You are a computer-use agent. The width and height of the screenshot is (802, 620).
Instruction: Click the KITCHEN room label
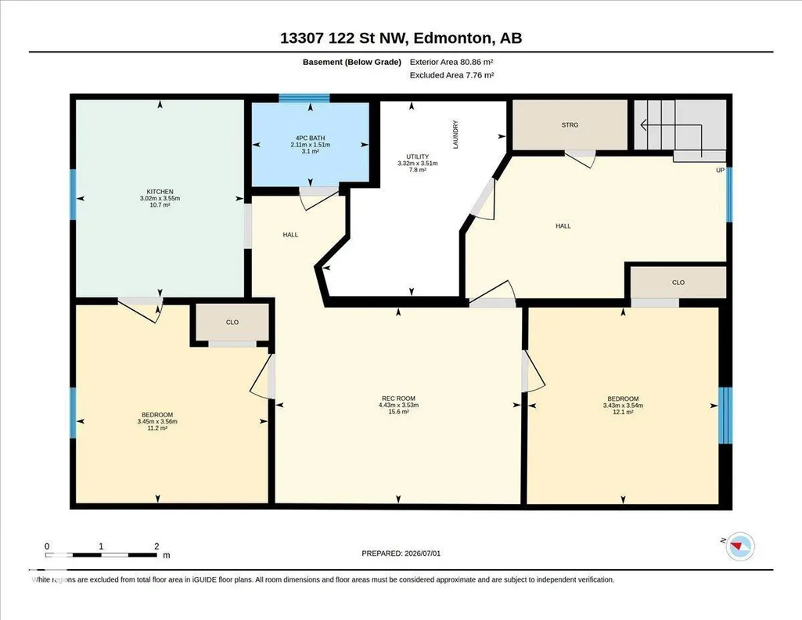click(160, 192)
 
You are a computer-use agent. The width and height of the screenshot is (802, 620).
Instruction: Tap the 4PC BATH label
click(310, 138)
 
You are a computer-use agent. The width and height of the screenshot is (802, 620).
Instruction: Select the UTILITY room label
click(417, 157)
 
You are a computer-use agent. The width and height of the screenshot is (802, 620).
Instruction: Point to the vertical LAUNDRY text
click(455, 135)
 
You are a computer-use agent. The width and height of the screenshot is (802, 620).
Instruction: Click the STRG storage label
click(570, 124)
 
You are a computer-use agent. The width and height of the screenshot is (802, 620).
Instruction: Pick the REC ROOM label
click(398, 398)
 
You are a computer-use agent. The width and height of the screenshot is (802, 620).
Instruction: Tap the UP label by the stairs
click(720, 171)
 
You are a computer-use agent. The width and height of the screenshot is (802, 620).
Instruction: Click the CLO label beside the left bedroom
click(232, 323)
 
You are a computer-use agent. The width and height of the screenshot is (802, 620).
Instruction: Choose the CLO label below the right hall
click(678, 283)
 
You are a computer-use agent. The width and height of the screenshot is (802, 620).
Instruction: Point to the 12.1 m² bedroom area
click(623, 412)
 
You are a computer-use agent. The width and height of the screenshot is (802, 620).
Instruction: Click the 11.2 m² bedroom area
click(157, 427)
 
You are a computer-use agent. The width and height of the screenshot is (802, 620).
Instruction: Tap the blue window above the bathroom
click(304, 98)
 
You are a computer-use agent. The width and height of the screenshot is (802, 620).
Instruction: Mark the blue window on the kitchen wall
click(73, 194)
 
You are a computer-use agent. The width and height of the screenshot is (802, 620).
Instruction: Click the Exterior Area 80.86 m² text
click(451, 62)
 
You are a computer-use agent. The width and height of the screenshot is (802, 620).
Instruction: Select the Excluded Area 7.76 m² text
click(451, 74)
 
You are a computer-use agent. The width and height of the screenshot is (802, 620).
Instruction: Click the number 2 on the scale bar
click(156, 546)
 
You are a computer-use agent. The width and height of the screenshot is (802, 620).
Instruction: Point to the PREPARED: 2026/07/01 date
click(401, 553)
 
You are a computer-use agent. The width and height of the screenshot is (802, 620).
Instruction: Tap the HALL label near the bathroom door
click(290, 235)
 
